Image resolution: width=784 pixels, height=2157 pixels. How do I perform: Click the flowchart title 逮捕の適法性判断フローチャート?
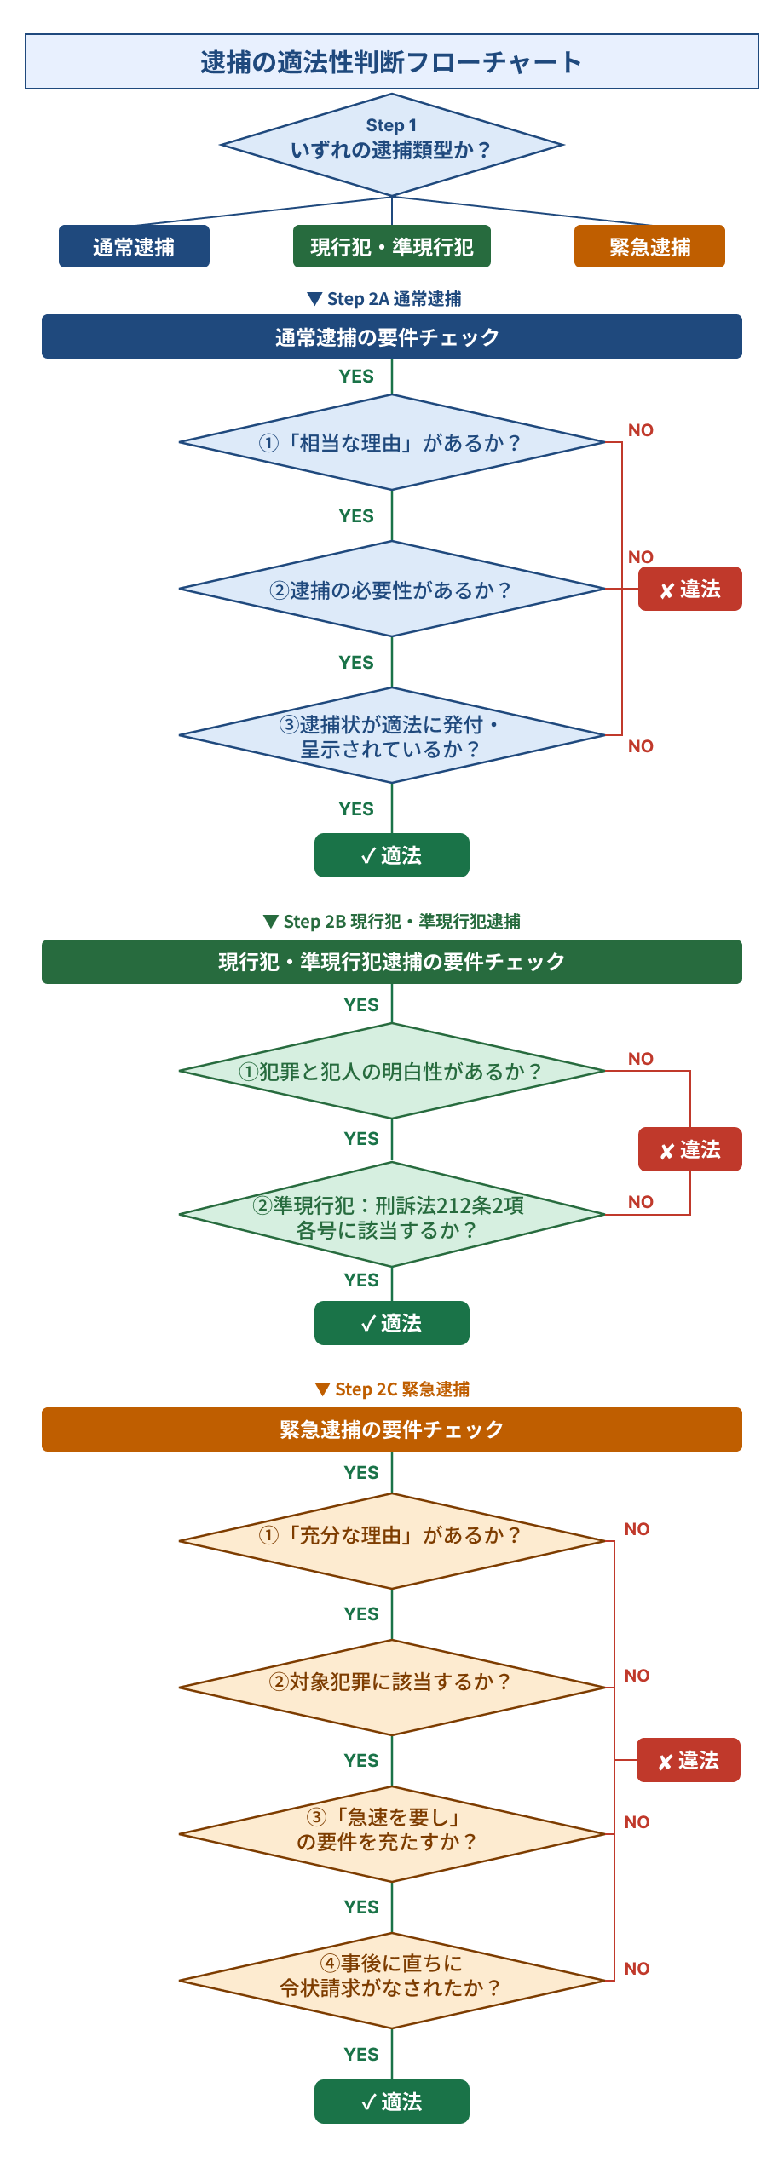tap(391, 61)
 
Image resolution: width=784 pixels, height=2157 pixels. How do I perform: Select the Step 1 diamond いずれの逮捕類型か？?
tap(391, 145)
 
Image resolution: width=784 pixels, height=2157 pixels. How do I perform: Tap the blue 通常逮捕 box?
tap(134, 246)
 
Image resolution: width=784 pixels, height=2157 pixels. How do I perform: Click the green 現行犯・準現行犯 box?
tap(391, 246)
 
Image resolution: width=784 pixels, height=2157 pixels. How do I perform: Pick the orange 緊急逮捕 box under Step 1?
tap(649, 246)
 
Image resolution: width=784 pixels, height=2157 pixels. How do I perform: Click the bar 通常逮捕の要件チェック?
tap(391, 336)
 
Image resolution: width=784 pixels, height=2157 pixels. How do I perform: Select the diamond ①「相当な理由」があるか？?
tap(391, 442)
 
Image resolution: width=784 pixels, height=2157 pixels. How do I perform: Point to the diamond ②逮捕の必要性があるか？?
tap(391, 589)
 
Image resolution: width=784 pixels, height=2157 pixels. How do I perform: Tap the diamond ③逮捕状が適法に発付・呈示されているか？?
tap(391, 735)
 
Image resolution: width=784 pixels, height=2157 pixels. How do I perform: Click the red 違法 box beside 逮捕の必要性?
tap(689, 589)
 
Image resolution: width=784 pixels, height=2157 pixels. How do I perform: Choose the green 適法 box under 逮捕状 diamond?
tap(391, 855)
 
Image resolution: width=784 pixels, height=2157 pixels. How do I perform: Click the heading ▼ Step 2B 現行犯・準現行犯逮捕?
tap(391, 921)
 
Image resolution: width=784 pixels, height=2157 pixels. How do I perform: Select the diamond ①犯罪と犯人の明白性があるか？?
tap(391, 1071)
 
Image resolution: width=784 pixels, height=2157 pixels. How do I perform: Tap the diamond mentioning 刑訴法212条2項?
tap(391, 1215)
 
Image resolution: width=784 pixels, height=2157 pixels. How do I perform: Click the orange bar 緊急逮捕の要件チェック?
tap(391, 1429)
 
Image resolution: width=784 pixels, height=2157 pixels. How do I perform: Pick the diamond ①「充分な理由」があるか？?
tap(391, 1540)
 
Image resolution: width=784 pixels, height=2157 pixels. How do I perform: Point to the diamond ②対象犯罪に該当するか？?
tap(391, 1687)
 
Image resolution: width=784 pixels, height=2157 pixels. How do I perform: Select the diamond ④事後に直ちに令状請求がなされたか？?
tap(391, 1980)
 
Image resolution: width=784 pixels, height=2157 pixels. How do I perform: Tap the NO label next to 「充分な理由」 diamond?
tap(637, 1529)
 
